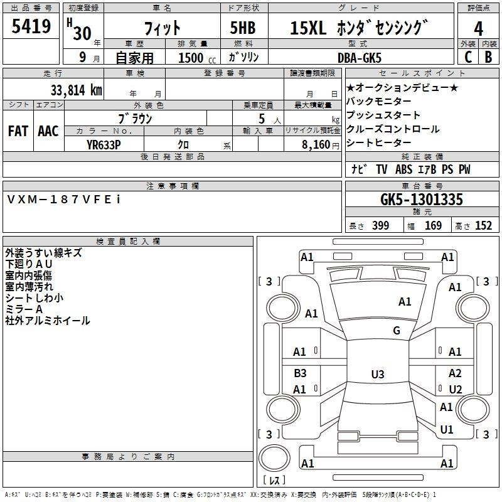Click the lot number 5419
click(31, 26)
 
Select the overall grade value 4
click(478, 29)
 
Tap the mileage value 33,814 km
click(76, 90)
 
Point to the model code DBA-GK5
click(360, 58)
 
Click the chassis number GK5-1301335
click(422, 200)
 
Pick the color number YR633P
click(104, 145)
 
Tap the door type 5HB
click(243, 28)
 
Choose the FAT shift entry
click(18, 131)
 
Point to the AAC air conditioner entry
click(48, 131)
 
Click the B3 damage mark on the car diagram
click(300, 373)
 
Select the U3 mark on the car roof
click(378, 374)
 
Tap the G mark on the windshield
click(397, 331)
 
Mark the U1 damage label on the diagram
click(447, 429)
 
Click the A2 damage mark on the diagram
click(455, 373)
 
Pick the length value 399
click(380, 225)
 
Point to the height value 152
click(483, 225)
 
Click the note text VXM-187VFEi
click(64, 200)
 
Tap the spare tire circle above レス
click(274, 458)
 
